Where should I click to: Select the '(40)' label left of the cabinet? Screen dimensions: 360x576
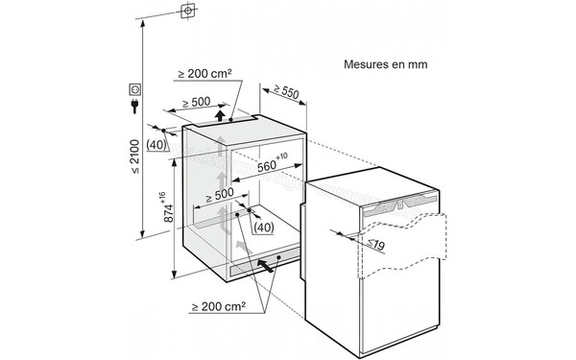[159, 145]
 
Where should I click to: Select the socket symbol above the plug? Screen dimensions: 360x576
[133, 90]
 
